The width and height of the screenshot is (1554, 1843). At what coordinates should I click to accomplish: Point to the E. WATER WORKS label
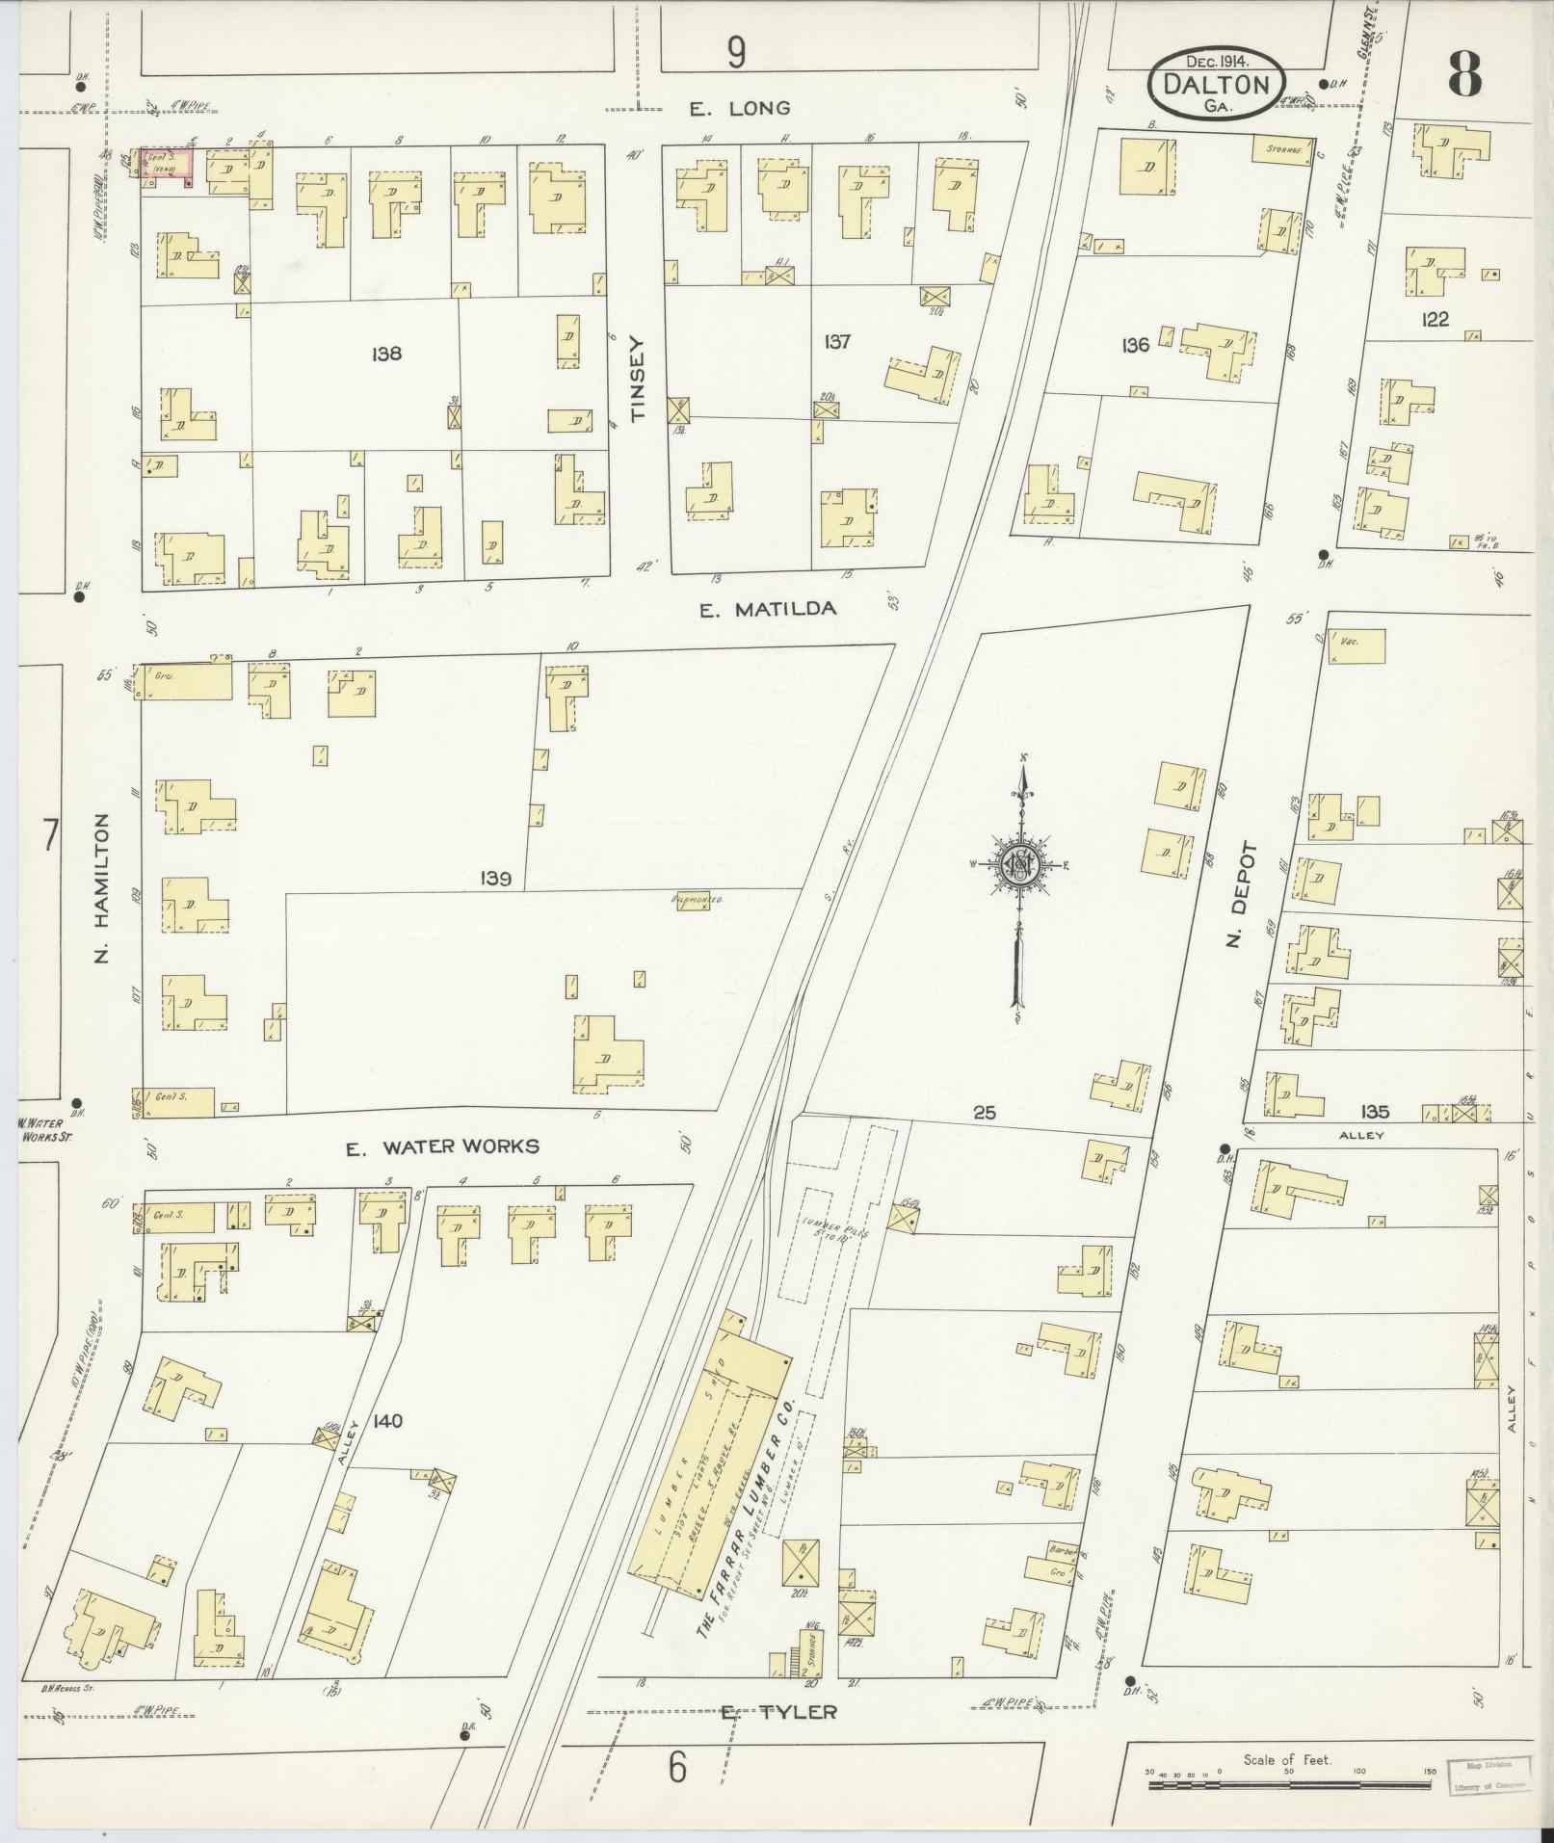click(442, 1146)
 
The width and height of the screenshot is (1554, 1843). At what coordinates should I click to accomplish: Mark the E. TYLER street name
click(778, 1712)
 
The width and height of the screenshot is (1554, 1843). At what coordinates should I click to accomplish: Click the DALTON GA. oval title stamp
click(1216, 85)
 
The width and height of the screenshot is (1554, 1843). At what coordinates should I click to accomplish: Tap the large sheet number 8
click(1462, 74)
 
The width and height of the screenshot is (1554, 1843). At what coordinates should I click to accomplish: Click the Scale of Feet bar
click(1287, 1785)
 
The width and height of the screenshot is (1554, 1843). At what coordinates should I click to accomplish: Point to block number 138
click(385, 354)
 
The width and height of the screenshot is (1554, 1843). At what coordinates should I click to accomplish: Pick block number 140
click(383, 1420)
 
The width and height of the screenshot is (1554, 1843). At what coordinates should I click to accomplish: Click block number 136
click(1136, 345)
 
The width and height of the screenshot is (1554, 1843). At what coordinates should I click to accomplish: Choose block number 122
click(1435, 320)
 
